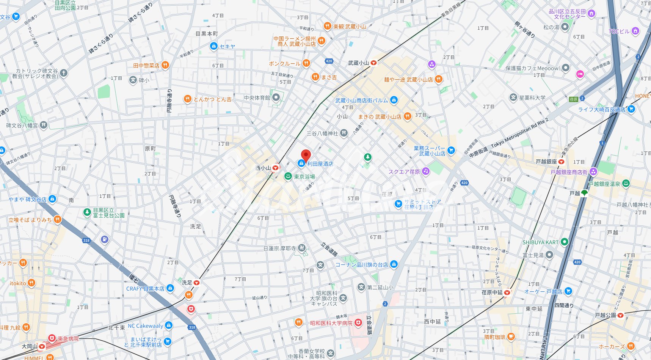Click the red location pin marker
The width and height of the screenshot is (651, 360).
306,155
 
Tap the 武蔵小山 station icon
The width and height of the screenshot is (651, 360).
373,63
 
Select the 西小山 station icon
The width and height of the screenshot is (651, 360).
276,168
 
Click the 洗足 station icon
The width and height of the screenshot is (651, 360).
196,283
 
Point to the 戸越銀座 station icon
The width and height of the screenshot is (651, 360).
561,162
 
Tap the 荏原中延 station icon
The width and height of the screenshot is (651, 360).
507,292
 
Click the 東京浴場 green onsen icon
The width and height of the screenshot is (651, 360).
288,177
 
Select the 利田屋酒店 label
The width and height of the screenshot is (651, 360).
320,164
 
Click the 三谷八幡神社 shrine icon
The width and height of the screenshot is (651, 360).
344,133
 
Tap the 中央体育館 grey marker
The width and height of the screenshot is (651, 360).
276,97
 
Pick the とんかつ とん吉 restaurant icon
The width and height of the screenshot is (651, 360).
187,99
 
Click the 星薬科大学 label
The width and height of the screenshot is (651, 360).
532,97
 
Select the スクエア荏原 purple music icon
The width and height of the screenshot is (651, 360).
426,171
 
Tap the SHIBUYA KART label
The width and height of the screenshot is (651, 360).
540,242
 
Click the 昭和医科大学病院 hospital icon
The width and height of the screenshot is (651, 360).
358,323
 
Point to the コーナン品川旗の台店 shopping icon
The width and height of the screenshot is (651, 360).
394,264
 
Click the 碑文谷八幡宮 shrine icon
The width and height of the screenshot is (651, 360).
44,125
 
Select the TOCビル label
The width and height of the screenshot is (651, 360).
619,31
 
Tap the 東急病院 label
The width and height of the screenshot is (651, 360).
68,339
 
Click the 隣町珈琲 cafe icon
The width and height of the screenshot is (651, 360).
511,336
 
